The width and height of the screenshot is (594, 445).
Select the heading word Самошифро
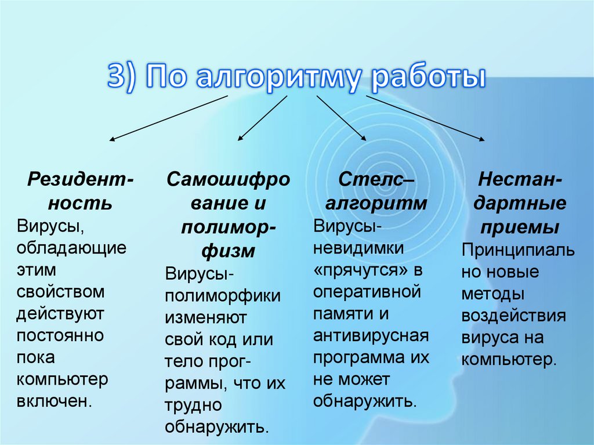(x=229, y=179)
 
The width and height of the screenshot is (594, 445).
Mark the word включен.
(x=55, y=401)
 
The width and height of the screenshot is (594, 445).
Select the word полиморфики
(x=223, y=295)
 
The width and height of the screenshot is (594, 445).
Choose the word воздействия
(x=513, y=316)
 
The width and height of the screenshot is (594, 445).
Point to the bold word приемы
(x=519, y=226)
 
